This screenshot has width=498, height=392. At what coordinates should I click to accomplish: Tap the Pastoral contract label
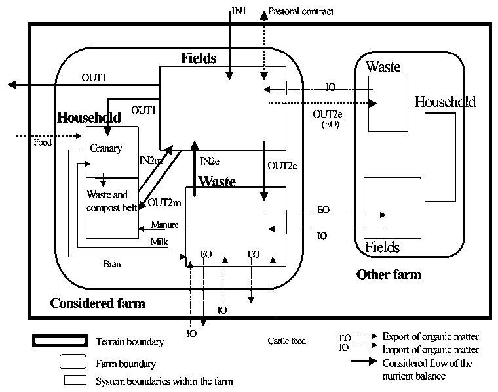coord(302,11)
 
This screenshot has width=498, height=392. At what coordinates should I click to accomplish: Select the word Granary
coord(106,148)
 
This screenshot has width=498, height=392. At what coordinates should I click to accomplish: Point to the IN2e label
coord(210,161)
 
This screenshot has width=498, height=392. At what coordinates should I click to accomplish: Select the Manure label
coord(164,225)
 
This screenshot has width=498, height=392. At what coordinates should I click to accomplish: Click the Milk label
coord(159,242)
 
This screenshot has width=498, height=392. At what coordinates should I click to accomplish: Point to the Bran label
coord(113,265)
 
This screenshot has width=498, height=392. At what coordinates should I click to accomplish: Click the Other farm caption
coord(389,274)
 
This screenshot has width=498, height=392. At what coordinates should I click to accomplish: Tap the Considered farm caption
coord(98,303)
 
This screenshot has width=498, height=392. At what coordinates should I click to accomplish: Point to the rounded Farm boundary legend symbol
coord(73,362)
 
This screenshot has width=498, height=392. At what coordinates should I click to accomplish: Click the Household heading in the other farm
coord(445,102)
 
